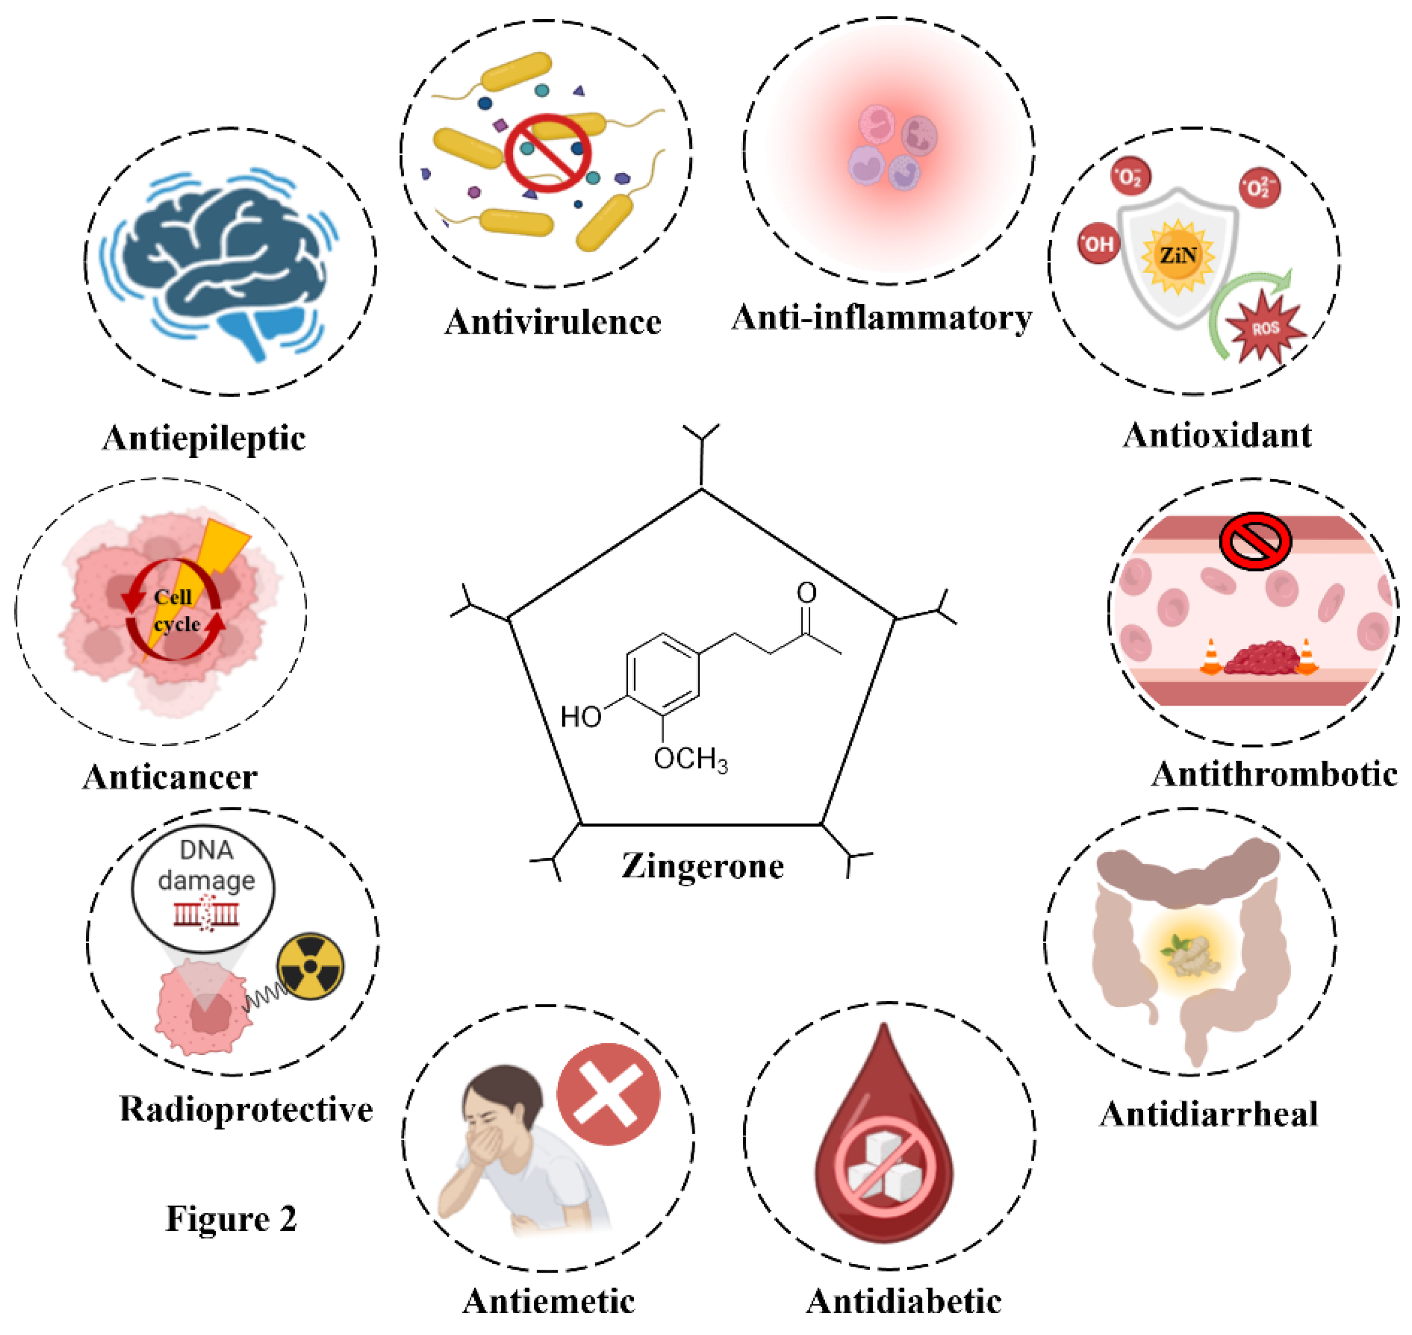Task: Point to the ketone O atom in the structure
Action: [806, 593]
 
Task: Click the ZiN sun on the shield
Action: [1178, 256]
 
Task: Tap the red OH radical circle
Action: [1098, 244]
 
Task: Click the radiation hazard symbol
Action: [310, 966]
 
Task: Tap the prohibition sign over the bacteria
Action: [547, 153]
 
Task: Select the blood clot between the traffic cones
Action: [1259, 658]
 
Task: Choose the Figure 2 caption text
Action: [232, 1219]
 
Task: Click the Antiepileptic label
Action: [204, 438]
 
